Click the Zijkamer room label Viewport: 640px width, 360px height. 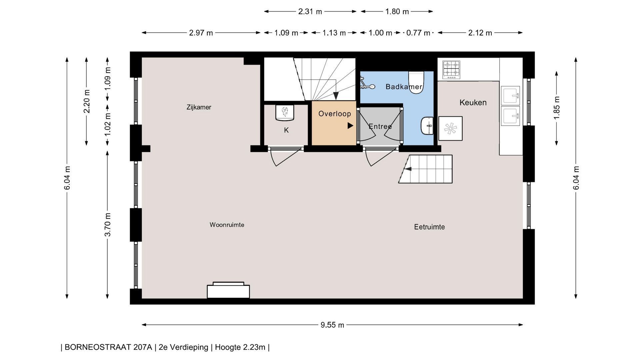click(199, 107)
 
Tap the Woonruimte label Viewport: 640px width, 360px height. click(227, 225)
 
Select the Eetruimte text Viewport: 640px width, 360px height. click(429, 227)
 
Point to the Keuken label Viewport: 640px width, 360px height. click(473, 103)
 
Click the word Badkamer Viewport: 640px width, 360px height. click(404, 87)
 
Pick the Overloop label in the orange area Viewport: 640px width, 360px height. click(335, 114)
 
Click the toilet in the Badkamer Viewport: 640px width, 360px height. click(416, 82)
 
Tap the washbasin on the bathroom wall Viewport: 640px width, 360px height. click(427, 126)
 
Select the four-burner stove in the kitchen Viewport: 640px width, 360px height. click(451, 70)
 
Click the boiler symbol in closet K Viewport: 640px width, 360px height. click(285, 113)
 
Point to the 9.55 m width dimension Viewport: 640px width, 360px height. click(332, 325)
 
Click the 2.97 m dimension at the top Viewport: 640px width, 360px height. click(201, 33)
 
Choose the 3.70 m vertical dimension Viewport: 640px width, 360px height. click(107, 225)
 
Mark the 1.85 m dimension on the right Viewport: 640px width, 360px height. click(556, 108)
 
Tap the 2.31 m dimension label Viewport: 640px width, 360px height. click(310, 12)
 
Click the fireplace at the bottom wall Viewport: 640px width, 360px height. click(228, 290)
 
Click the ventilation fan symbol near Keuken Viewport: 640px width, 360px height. click(450, 128)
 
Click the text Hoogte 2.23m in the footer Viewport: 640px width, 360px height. click(240, 347)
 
